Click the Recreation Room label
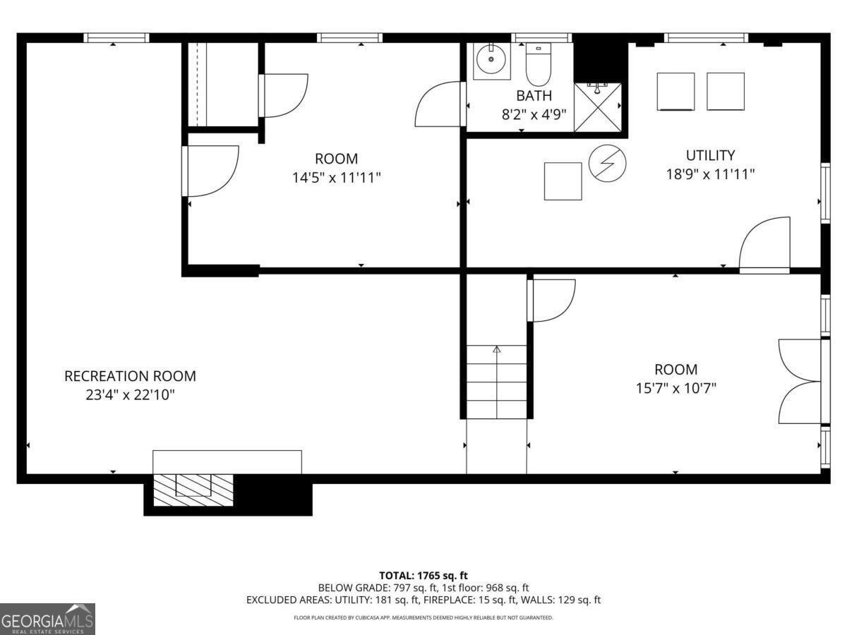[130, 376]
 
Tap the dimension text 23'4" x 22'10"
[130, 395]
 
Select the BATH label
[534, 96]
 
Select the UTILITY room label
[710, 155]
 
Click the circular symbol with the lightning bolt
[607, 164]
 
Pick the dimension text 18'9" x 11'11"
[710, 174]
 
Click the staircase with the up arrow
[496, 381]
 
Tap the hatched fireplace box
[193, 489]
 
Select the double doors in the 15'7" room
[799, 381]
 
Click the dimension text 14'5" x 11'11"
[337, 178]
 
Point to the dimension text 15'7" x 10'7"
[675, 388]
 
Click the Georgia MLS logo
[47, 619]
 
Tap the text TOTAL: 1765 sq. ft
[423, 576]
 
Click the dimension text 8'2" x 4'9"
[534, 114]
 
